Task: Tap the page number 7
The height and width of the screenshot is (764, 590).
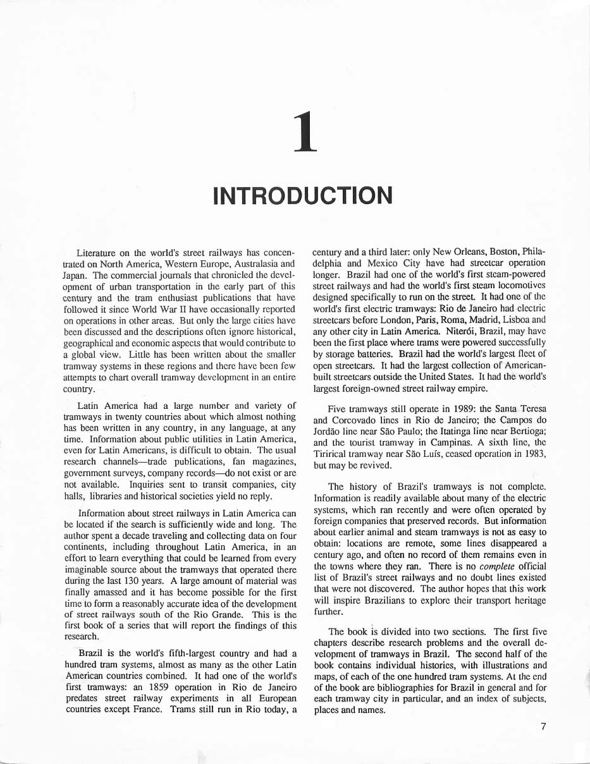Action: [543, 726]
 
